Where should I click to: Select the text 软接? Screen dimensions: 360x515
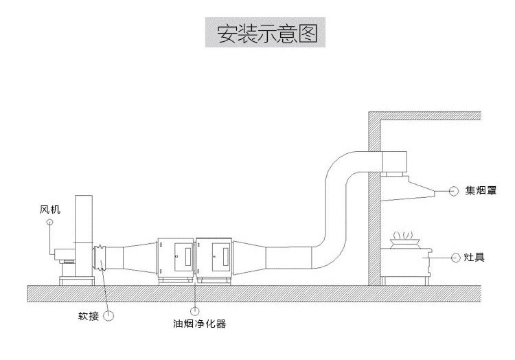(x=89, y=317)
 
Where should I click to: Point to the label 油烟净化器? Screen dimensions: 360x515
(x=200, y=323)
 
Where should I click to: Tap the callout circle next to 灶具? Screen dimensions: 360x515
(x=457, y=258)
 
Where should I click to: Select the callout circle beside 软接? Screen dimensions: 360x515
(x=108, y=316)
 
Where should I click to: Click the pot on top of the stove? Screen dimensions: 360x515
(x=404, y=241)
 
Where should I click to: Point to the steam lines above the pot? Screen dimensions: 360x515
(x=404, y=233)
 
